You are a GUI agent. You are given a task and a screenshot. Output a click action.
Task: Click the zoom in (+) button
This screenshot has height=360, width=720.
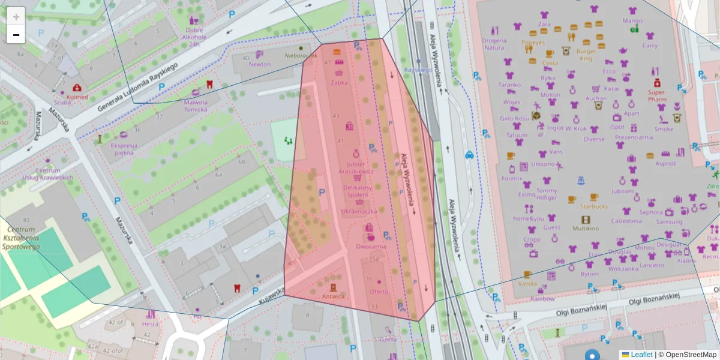coord(16,17)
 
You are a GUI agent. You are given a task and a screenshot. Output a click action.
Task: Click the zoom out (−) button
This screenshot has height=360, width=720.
coord(16,35)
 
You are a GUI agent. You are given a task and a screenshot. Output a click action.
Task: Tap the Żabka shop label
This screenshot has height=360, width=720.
coord(339,83)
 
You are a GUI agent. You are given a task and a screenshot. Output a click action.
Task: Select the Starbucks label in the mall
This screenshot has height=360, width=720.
coord(593,206)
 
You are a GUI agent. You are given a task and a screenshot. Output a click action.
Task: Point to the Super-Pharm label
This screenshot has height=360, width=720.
coord(657,95)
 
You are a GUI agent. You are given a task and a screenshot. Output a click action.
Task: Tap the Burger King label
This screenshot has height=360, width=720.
coord(586,55)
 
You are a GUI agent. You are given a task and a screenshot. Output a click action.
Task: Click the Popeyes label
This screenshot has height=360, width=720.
coord(533,43)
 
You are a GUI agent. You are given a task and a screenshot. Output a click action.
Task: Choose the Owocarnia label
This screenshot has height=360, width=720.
coord(371,246)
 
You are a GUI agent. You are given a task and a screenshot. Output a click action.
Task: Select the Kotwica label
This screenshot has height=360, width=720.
coord(334,296)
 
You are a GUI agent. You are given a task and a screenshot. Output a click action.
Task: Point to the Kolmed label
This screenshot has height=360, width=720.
coord(77,97)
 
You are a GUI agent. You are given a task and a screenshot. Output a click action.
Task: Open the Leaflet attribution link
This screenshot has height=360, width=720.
coord(641,355)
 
